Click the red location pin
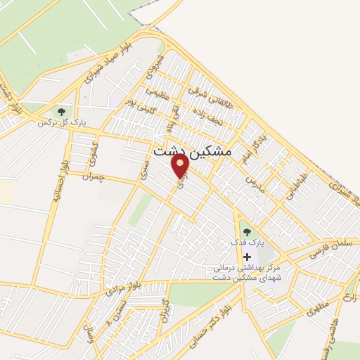(x=180, y=167)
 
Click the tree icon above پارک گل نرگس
(x=61, y=110)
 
